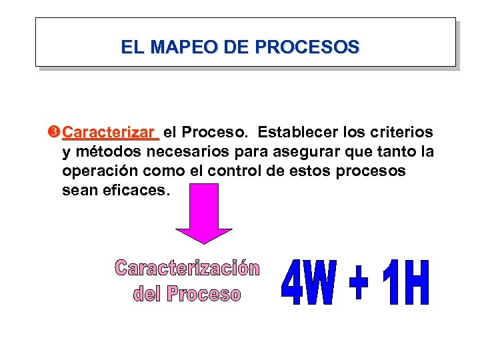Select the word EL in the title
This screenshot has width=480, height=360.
pyautogui.click(x=131, y=47)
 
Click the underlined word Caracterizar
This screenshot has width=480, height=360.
pyautogui.click(x=111, y=133)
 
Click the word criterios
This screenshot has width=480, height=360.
pyautogui.click(x=403, y=133)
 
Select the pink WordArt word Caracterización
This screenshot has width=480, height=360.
pyautogui.click(x=187, y=269)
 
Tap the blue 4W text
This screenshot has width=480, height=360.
pyautogui.click(x=308, y=283)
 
